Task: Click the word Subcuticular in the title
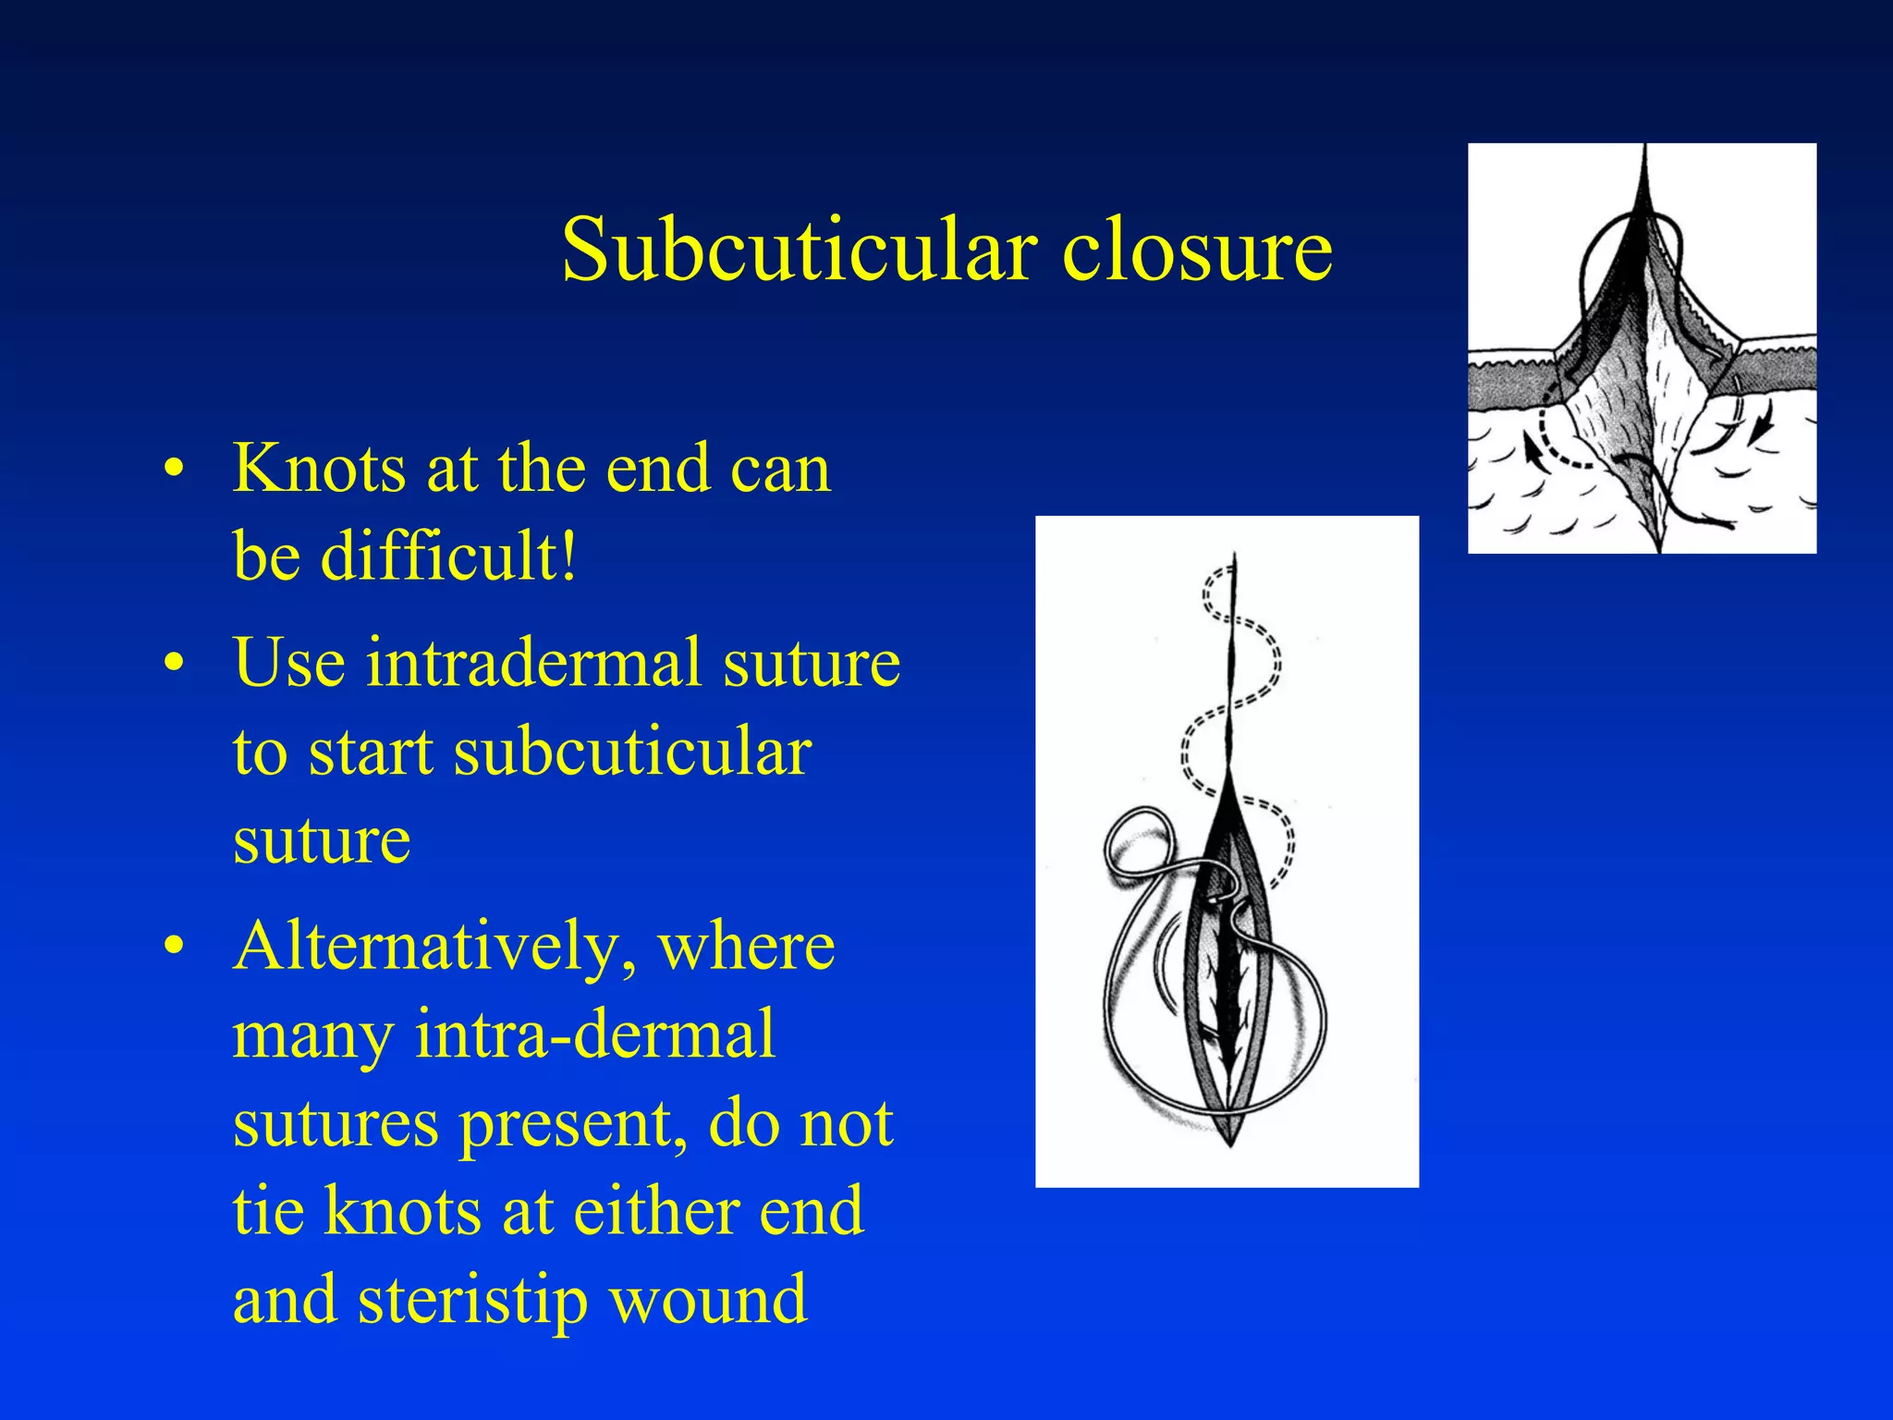click(798, 250)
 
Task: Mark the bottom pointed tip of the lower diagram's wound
click(1230, 1144)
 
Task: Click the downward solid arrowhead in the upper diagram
click(1765, 429)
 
